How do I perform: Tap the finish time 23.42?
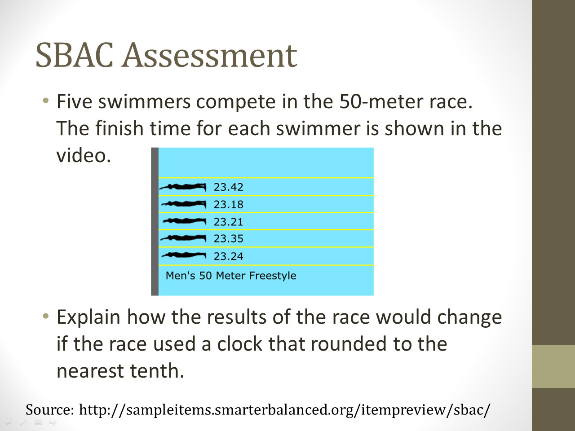point(229,187)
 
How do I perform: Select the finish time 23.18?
point(229,204)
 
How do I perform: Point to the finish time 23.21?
point(229,222)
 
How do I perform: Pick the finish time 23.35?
point(229,239)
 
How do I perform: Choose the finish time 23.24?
point(229,256)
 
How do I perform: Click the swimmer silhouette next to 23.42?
point(183,187)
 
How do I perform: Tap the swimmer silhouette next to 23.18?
point(183,204)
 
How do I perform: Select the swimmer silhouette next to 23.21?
point(185,221)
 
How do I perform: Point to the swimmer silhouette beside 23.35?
point(183,238)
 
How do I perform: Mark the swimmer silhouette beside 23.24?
point(184,255)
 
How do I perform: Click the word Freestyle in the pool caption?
point(272,276)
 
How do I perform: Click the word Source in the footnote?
point(50,409)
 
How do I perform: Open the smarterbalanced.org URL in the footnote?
point(284,410)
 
